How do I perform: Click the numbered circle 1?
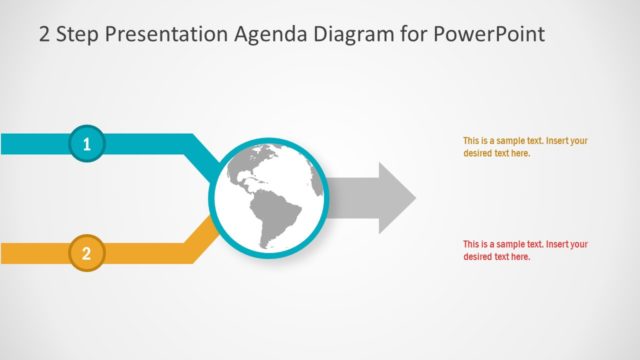click(x=86, y=144)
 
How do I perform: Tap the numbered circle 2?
click(x=86, y=254)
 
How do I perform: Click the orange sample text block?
click(x=525, y=147)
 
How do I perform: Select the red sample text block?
click(x=525, y=250)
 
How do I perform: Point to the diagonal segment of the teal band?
click(x=205, y=155)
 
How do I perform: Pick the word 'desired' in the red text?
click(x=479, y=257)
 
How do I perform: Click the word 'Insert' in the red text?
click(x=559, y=244)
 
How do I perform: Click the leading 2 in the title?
click(x=45, y=34)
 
